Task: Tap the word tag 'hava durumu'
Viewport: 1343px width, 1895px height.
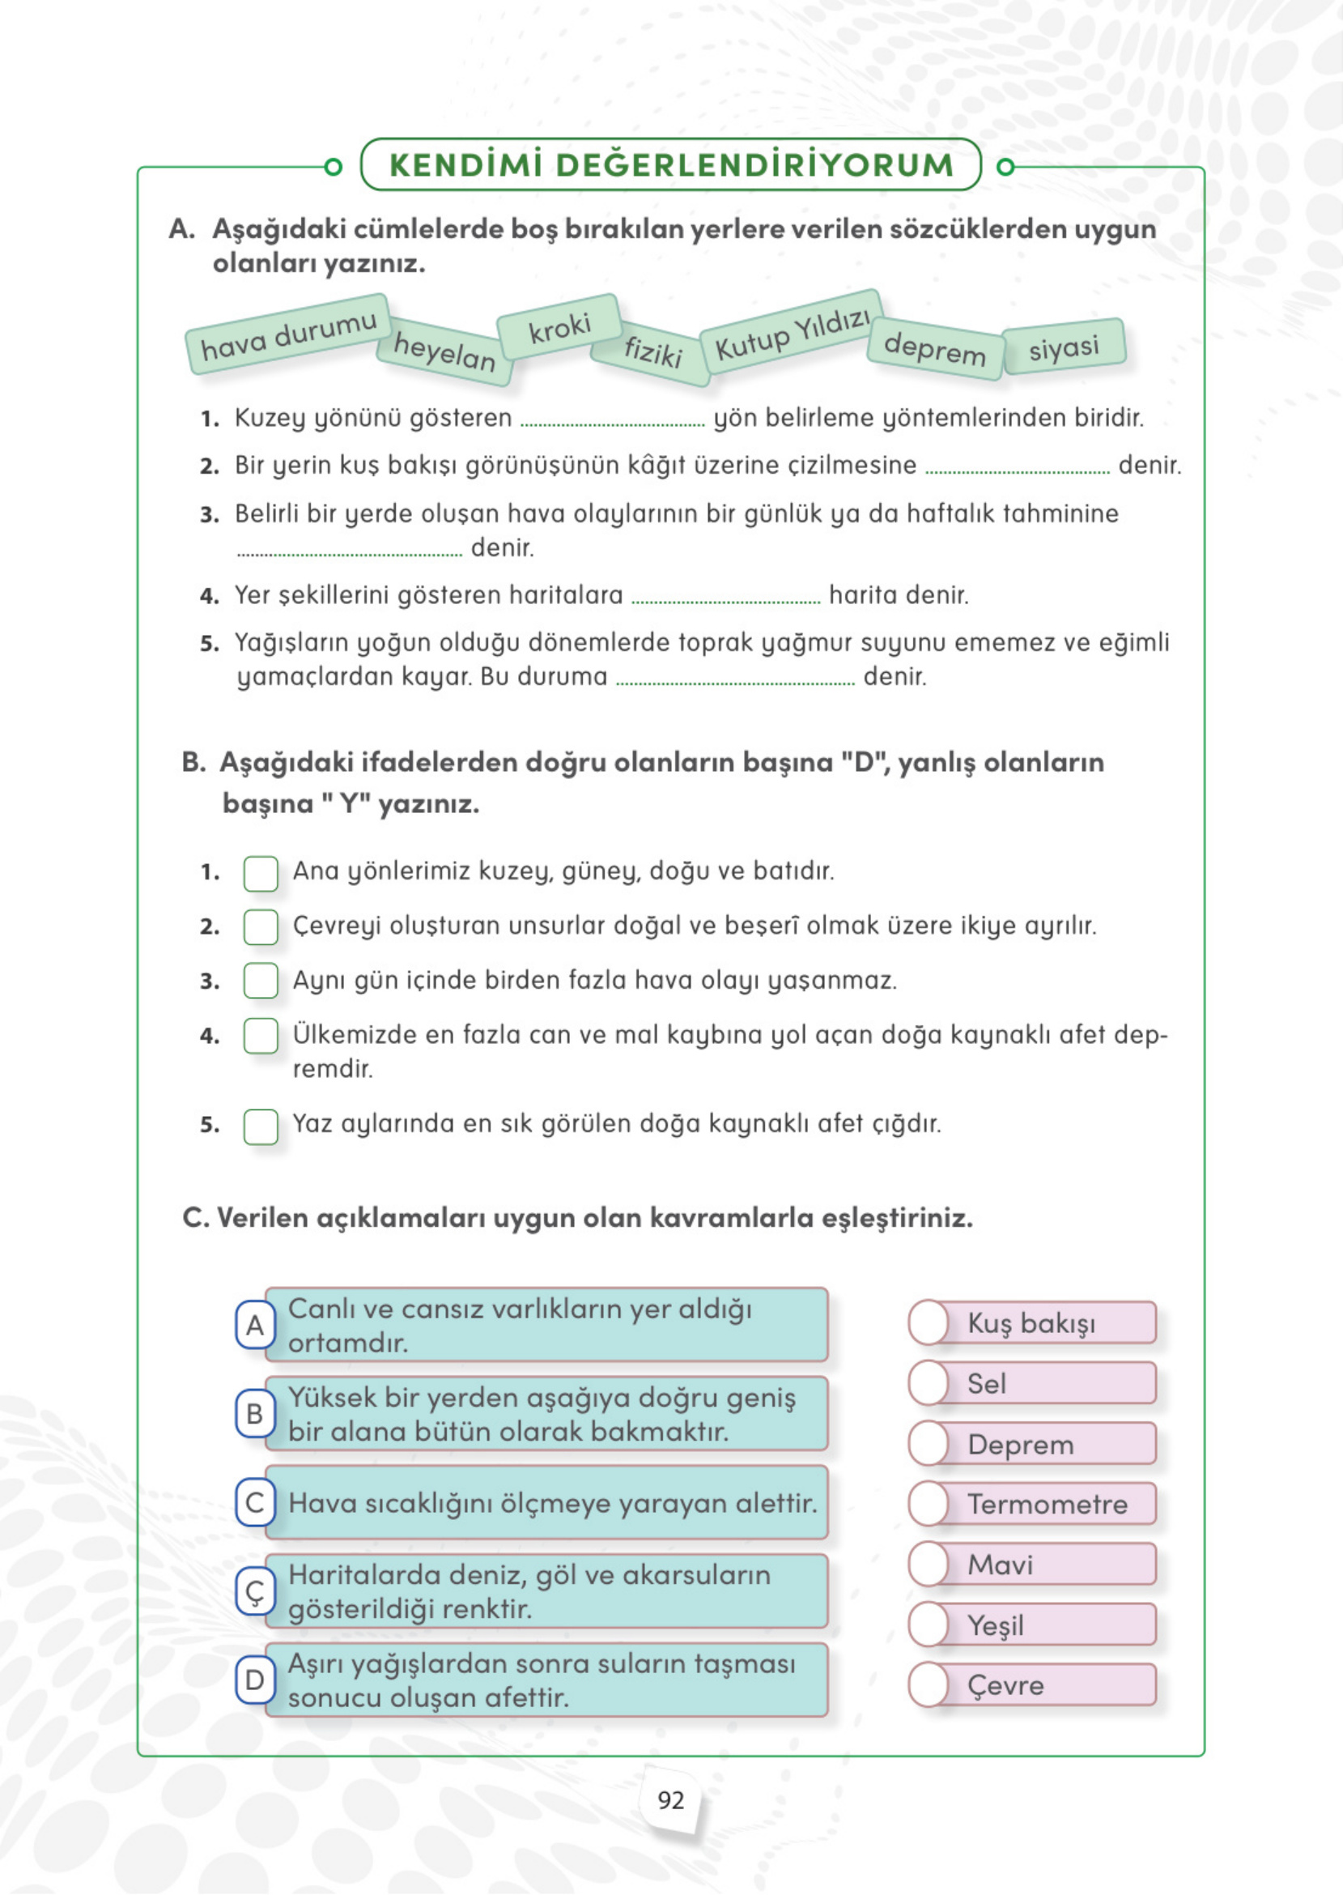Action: click(x=288, y=334)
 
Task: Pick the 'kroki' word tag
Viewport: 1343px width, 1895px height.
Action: click(x=560, y=328)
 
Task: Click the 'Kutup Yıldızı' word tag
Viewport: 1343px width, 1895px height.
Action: click(x=791, y=333)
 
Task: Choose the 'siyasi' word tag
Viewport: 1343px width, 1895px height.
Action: click(x=1064, y=347)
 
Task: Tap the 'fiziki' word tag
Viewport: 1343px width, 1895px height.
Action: click(x=652, y=351)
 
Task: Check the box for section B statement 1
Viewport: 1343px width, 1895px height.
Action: click(x=261, y=874)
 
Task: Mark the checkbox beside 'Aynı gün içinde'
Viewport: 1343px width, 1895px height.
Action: click(x=261, y=981)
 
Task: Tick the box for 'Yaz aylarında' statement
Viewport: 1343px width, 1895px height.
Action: click(x=261, y=1126)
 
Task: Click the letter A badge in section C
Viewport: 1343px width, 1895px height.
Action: click(x=255, y=1325)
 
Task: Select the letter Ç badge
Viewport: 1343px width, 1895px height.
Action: click(x=255, y=1590)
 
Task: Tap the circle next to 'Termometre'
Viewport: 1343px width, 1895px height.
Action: click(x=929, y=1504)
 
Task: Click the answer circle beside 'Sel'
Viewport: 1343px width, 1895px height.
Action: click(x=929, y=1383)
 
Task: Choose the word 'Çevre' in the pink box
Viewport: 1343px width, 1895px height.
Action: click(x=1005, y=1685)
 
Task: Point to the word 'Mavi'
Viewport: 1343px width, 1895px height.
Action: click(x=1000, y=1564)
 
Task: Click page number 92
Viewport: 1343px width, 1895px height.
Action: click(x=670, y=1801)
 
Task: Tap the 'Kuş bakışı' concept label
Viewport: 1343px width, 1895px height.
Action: click(x=1031, y=1322)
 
